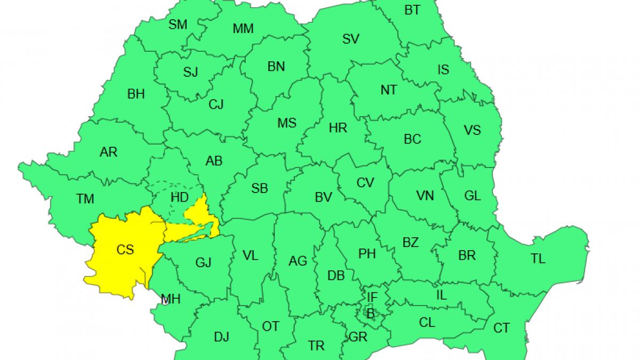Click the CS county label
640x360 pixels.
125,249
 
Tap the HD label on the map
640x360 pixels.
180,197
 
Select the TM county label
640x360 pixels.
85,199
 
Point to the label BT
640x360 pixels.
412,10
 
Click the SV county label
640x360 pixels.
350,38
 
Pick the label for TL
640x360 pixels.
538,259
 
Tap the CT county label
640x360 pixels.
501,328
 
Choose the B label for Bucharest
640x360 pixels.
370,313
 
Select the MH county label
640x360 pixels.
171,300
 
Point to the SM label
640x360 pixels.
178,24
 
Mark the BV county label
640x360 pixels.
323,197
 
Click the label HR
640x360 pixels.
338,128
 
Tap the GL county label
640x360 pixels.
472,196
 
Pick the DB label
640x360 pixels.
335,276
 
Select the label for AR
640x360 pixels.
108,153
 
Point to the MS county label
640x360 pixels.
286,123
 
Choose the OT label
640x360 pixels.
270,326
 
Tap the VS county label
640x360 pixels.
472,130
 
